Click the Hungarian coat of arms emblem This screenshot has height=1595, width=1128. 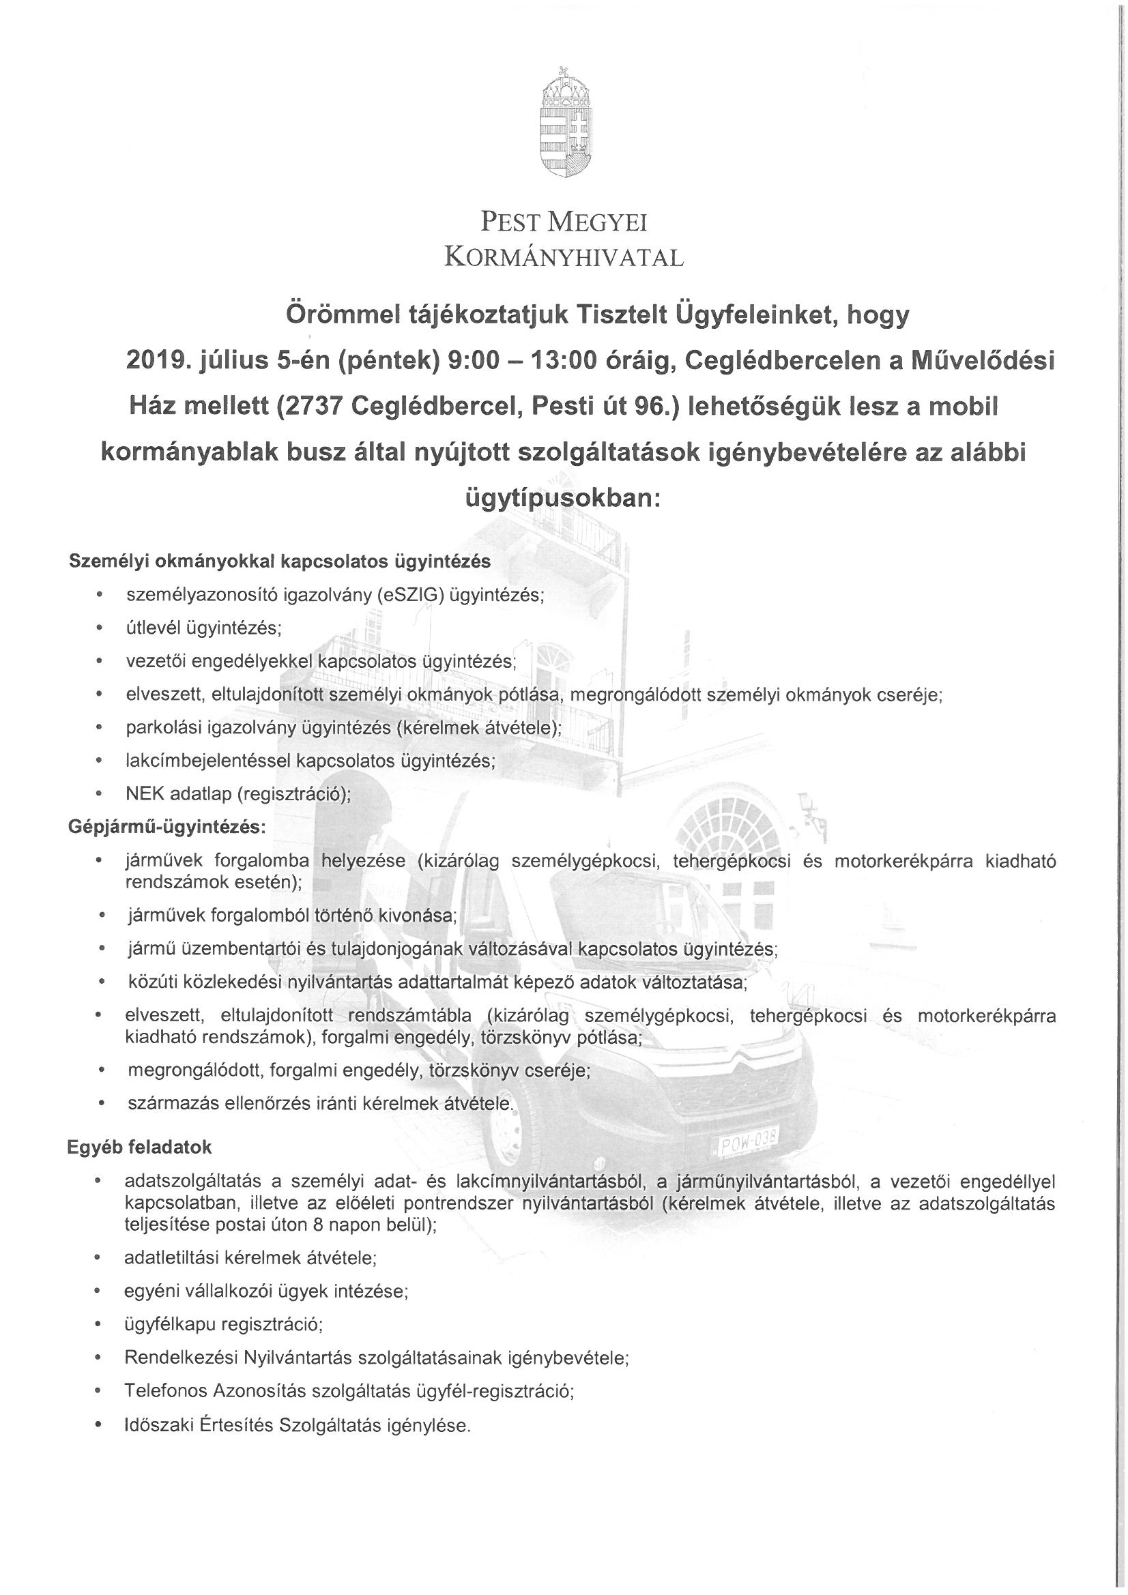(564, 119)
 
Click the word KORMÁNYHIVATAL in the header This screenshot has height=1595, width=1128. (564, 259)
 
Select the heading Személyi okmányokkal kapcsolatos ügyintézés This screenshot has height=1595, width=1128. (279, 561)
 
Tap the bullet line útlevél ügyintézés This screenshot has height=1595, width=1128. (203, 628)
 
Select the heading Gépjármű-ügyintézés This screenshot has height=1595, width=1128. (166, 827)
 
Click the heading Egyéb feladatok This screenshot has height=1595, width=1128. (139, 1147)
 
